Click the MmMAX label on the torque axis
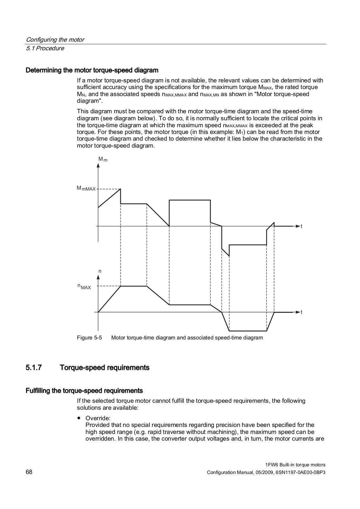86,188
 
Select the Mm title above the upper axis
103,159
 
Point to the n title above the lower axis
100,271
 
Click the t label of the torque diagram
301,226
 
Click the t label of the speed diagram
301,312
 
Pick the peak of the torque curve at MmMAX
121,189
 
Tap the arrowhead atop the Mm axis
98,165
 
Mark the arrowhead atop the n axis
98,278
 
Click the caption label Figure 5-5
89,338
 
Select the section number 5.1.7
34,368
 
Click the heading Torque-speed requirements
104,368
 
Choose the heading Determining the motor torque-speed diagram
92,70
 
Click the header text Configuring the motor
55,40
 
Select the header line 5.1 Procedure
45,48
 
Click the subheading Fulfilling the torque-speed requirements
84,390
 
